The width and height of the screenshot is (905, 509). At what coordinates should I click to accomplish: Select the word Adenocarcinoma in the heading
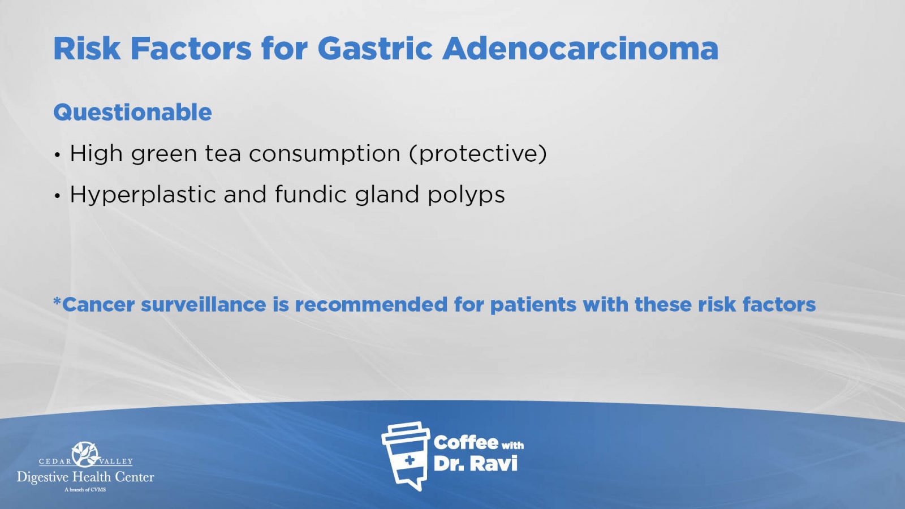pyautogui.click(x=580, y=49)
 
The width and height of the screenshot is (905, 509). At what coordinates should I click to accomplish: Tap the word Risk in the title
pyautogui.click(x=87, y=49)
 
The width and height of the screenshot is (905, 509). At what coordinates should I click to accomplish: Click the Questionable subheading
pyautogui.click(x=132, y=113)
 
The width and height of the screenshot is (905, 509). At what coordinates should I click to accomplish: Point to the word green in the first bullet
pyautogui.click(x=163, y=154)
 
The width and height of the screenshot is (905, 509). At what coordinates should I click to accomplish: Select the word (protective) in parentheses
pyautogui.click(x=478, y=154)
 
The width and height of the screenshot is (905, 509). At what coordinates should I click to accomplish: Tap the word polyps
pyautogui.click(x=466, y=196)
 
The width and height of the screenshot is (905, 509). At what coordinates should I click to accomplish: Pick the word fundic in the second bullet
pyautogui.click(x=311, y=194)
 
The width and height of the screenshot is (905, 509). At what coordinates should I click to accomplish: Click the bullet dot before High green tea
pyautogui.click(x=57, y=155)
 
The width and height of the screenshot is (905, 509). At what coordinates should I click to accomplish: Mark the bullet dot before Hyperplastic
pyautogui.click(x=57, y=196)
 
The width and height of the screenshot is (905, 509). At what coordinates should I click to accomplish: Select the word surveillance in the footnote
pyautogui.click(x=203, y=304)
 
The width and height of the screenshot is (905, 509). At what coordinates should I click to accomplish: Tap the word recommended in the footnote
pyautogui.click(x=371, y=304)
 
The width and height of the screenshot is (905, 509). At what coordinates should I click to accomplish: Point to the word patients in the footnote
pyautogui.click(x=533, y=305)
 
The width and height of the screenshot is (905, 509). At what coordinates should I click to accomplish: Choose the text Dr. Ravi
pyautogui.click(x=476, y=464)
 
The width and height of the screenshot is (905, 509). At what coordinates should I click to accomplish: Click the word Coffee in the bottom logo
pyautogui.click(x=466, y=443)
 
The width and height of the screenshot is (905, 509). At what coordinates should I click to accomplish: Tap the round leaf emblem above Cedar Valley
pyautogui.click(x=85, y=454)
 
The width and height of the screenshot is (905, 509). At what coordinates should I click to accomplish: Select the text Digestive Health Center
pyautogui.click(x=85, y=477)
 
